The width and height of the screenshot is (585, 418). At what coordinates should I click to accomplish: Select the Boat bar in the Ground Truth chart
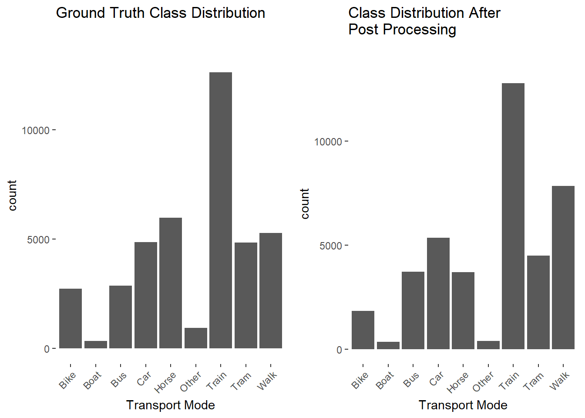tap(96, 344)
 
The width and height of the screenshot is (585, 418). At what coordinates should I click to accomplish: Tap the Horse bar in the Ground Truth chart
tap(171, 283)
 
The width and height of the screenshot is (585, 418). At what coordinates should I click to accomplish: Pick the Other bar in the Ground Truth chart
tap(196, 338)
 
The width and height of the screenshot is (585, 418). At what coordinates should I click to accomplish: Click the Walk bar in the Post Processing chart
tap(563, 268)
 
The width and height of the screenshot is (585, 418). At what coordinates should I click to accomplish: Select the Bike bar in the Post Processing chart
tap(363, 330)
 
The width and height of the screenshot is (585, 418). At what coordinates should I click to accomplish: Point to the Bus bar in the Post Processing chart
tap(413, 310)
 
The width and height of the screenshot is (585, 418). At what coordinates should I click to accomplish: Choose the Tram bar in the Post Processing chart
tap(538, 303)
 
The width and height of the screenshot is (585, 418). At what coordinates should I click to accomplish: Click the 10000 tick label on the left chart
tap(36, 130)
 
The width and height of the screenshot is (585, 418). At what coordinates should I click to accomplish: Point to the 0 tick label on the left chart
tap(47, 349)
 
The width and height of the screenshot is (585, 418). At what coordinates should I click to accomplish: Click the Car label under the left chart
tap(144, 378)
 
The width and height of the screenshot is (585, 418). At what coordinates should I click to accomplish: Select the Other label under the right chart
tap(484, 381)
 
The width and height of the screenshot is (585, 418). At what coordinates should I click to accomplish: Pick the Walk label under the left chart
tap(267, 381)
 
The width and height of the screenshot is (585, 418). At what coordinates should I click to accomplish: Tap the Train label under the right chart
tap(509, 380)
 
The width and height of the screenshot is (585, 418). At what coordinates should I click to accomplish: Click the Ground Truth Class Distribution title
tap(161, 13)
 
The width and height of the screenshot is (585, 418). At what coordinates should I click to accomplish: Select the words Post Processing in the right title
tap(402, 30)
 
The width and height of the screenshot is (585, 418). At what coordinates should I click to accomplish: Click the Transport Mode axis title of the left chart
tap(171, 405)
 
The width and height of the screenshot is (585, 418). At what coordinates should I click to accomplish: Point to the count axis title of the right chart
tap(305, 204)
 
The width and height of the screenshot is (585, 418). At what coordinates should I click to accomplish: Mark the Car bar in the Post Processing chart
tap(438, 293)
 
